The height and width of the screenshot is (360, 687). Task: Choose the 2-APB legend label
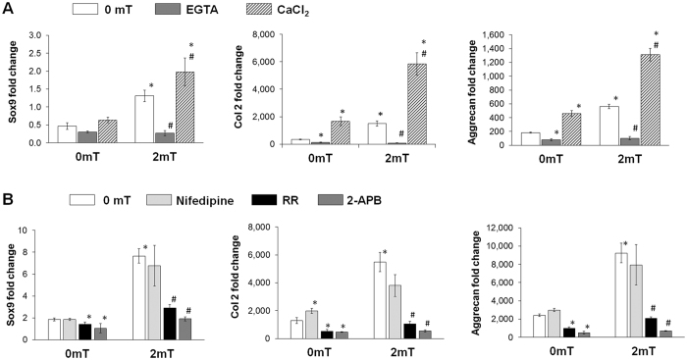[x=452, y=200]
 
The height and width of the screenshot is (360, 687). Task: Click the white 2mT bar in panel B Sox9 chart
[x=140, y=297]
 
